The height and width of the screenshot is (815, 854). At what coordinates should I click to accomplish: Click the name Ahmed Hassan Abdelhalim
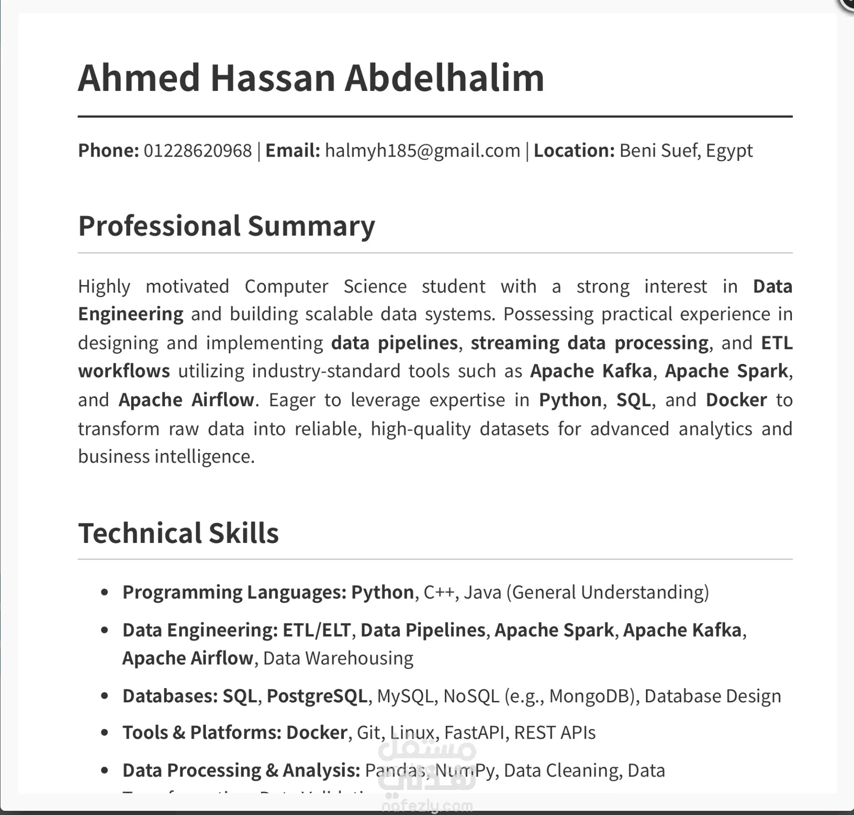[x=311, y=78]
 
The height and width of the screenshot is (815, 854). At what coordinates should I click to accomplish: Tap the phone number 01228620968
[x=197, y=151]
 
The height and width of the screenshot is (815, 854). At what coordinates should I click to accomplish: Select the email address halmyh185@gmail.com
[x=423, y=151]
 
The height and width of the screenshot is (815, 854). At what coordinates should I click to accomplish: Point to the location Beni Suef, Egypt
[x=686, y=151]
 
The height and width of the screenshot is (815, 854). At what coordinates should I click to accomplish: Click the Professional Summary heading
[x=226, y=226]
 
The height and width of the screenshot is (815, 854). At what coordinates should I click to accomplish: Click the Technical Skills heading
[x=178, y=533]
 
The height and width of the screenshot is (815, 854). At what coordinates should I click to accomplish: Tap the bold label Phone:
[x=108, y=151]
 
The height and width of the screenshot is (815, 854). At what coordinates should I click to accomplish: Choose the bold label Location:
[x=574, y=151]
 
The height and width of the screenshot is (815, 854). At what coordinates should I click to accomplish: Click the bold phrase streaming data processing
[x=589, y=343]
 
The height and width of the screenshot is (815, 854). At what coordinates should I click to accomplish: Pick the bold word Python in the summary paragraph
[x=570, y=400]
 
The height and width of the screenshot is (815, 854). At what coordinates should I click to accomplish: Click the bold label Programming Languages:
[x=234, y=592]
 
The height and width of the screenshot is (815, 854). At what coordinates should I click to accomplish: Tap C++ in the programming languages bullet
[x=438, y=592]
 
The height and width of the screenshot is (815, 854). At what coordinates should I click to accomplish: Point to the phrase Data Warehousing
[x=338, y=658]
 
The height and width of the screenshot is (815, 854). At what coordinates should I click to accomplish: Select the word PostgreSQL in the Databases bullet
[x=317, y=696]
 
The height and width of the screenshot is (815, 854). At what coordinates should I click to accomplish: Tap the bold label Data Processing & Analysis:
[x=241, y=770]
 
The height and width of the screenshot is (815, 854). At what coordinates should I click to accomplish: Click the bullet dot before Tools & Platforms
[x=105, y=733]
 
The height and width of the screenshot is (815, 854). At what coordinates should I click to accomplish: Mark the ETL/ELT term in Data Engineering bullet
[x=316, y=630]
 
